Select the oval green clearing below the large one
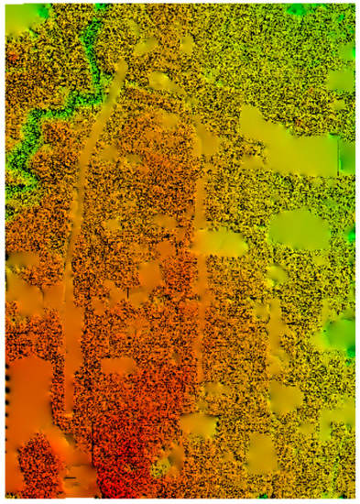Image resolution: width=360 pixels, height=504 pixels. [300, 231]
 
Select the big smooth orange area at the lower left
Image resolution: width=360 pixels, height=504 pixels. [32, 385]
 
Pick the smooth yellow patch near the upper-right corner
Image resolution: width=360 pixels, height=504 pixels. [341, 78]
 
